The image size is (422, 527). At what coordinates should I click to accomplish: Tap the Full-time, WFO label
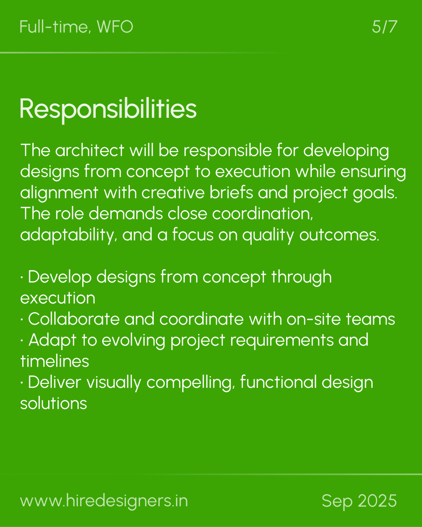click(x=76, y=27)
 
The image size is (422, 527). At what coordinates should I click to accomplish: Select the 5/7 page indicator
click(x=384, y=27)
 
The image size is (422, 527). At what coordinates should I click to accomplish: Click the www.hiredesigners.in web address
click(x=104, y=501)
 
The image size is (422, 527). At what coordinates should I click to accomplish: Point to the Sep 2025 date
click(x=359, y=501)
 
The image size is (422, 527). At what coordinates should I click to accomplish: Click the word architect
click(x=90, y=150)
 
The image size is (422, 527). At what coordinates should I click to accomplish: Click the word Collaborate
click(x=74, y=319)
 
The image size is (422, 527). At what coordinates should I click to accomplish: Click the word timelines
click(x=55, y=361)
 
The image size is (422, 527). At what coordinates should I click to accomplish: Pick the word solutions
click(x=54, y=403)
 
